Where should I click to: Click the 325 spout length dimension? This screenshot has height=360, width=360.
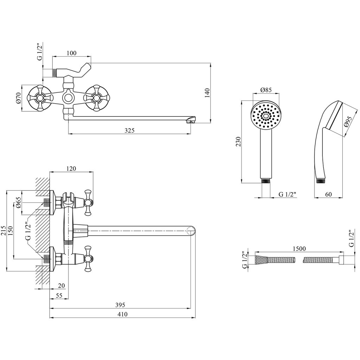[129, 130]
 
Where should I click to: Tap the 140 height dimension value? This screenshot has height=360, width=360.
[207, 93]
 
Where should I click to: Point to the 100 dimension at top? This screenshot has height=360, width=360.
[71, 53]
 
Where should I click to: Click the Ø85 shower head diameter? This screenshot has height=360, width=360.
[266, 90]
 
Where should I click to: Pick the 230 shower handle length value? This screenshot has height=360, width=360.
[238, 142]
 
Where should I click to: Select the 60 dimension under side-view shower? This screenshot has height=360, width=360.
[328, 194]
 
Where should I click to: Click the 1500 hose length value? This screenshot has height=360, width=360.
[299, 249]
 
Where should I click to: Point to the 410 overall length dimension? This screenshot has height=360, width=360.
[122, 314]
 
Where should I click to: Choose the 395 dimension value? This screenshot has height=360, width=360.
[120, 304]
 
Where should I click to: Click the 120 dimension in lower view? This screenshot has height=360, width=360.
[71, 168]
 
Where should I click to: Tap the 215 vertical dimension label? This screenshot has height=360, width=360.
[4, 231]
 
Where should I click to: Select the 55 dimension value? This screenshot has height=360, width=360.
[59, 296]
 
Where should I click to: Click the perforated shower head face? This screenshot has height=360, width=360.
[266, 115]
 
